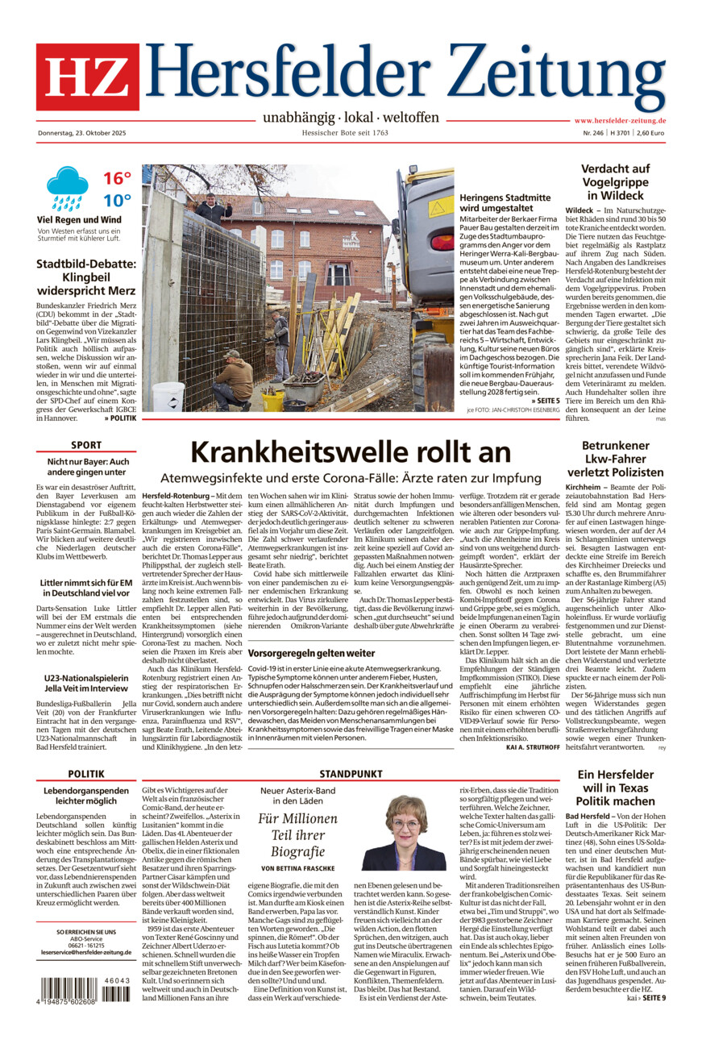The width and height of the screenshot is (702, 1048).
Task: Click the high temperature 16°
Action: pyautogui.click(x=116, y=178)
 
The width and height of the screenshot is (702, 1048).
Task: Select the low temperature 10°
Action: pyautogui.click(x=116, y=201)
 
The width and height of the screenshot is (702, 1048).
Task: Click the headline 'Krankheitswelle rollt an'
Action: pyautogui.click(x=350, y=451)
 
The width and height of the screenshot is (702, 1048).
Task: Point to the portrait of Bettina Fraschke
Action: pyautogui.click(x=404, y=833)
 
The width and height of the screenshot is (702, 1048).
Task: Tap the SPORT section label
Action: pyautogui.click(x=86, y=445)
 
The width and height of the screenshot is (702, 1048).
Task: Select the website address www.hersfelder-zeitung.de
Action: pyautogui.click(x=619, y=121)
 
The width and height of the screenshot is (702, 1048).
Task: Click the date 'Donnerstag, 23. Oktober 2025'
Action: pyautogui.click(x=87, y=133)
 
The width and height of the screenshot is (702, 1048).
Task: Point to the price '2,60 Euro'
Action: pyautogui.click(x=650, y=133)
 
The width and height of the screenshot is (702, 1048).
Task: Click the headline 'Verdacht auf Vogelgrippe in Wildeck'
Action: pyautogui.click(x=616, y=182)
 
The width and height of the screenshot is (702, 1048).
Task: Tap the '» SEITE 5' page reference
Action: pyautogui.click(x=545, y=400)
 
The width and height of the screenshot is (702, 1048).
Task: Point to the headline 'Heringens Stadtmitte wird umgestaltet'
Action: pyautogui.click(x=505, y=203)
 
